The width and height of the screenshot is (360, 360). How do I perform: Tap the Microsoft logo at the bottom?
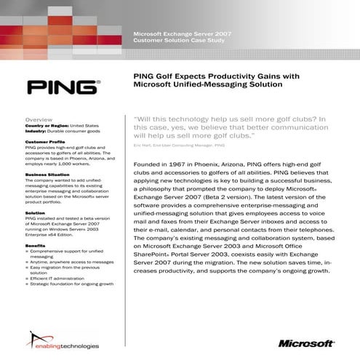[306, 343]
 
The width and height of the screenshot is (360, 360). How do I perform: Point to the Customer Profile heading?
[46, 141]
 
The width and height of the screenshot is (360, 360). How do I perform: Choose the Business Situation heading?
[48, 175]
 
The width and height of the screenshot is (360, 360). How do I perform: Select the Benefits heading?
[36, 246]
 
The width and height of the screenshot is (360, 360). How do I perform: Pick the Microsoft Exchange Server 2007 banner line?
[182, 34]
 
